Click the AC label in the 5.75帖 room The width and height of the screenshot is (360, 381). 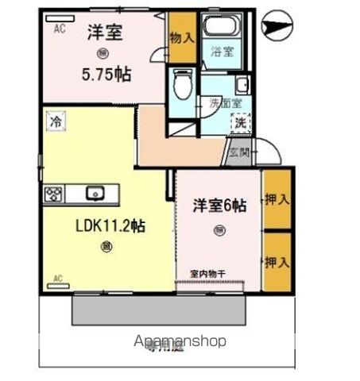60,29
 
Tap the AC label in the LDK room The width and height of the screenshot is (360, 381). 57,278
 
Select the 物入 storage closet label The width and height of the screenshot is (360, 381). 181,37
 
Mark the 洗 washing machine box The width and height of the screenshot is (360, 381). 240,123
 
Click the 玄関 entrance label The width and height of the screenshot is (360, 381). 238,151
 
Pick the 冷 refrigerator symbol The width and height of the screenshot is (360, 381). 55,121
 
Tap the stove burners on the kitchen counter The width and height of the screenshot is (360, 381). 54,194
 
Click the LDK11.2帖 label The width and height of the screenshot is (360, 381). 110,225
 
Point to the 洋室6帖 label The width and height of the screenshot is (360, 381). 219,204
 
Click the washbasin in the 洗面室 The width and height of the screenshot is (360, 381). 242,85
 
